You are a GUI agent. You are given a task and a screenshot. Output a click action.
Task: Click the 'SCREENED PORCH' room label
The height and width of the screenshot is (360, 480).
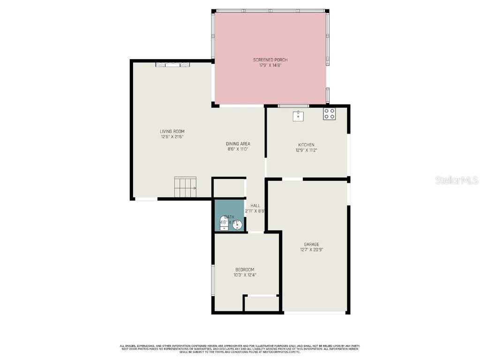[270, 60]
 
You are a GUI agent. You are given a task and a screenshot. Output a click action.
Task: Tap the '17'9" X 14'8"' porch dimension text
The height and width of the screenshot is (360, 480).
[270, 65]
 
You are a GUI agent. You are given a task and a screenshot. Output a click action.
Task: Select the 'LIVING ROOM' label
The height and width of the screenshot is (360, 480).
[172, 131]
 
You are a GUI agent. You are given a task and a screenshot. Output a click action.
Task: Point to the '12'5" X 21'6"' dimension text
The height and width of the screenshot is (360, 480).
[172, 137]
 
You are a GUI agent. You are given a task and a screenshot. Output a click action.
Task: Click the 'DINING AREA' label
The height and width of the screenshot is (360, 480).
[238, 143]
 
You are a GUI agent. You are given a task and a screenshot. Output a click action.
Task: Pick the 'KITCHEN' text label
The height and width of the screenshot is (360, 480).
[306, 145]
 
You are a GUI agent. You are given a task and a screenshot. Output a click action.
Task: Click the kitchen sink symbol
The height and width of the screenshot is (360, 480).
[298, 116]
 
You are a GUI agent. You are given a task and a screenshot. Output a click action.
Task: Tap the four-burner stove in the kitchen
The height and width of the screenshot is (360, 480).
[329, 114]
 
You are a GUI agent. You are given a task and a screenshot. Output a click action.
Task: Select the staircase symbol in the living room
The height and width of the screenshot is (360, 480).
[185, 187]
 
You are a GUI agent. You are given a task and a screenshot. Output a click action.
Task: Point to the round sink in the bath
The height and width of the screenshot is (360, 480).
[238, 225]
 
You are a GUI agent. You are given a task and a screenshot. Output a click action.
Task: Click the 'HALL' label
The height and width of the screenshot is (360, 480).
[255, 205]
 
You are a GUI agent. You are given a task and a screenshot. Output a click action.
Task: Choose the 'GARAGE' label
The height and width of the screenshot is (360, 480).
[311, 244]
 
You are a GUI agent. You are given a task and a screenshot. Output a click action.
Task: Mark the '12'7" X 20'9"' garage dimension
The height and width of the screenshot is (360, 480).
[311, 250]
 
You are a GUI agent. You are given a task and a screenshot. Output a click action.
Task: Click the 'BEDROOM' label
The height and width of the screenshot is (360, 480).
[245, 270]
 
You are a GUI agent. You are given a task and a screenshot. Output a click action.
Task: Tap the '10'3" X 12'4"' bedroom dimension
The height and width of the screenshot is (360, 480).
[245, 275]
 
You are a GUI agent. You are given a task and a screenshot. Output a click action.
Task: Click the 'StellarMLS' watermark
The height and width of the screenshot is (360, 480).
[456, 180]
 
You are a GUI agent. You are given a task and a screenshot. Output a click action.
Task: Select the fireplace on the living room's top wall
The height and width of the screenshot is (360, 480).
[173, 65]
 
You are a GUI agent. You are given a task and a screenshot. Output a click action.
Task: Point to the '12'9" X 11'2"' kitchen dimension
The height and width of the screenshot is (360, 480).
[306, 150]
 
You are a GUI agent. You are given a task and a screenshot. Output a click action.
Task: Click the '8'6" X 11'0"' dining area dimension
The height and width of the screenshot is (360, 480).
[238, 149]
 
